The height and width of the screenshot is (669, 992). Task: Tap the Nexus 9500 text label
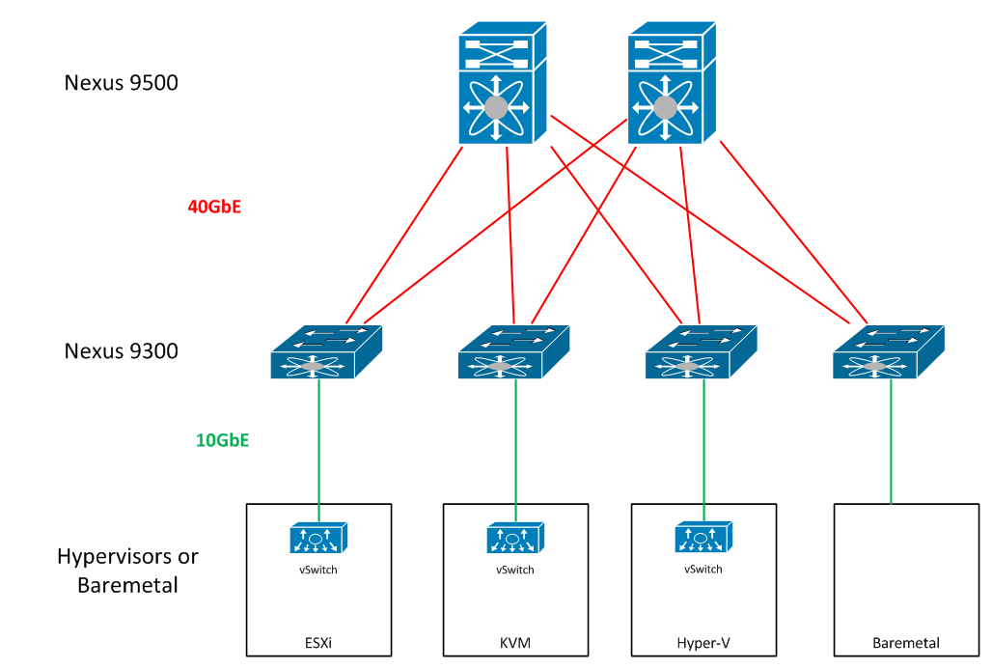tap(122, 83)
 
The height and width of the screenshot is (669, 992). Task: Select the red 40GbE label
tap(213, 206)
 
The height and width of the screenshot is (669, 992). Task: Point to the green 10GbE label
tap(223, 440)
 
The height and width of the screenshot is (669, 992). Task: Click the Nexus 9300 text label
tap(122, 350)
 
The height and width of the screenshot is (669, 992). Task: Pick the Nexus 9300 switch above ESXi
tap(325, 352)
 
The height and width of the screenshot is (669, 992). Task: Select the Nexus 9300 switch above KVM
tap(512, 352)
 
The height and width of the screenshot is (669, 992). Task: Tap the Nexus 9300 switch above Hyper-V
tap(700, 352)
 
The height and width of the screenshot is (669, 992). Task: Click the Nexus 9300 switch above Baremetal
tap(887, 352)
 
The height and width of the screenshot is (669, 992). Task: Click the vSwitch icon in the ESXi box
tap(317, 539)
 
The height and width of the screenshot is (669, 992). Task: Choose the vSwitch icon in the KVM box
tap(514, 539)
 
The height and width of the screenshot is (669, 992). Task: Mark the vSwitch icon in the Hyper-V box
tap(703, 538)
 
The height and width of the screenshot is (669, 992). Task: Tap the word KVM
tap(514, 643)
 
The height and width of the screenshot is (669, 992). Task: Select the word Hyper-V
tap(703, 643)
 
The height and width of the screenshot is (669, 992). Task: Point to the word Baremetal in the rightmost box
tap(905, 643)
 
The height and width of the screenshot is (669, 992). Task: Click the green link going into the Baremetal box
tap(891, 444)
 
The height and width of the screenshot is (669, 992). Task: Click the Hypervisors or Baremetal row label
tap(127, 570)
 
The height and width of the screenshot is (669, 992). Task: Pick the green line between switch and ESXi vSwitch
tap(318, 444)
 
